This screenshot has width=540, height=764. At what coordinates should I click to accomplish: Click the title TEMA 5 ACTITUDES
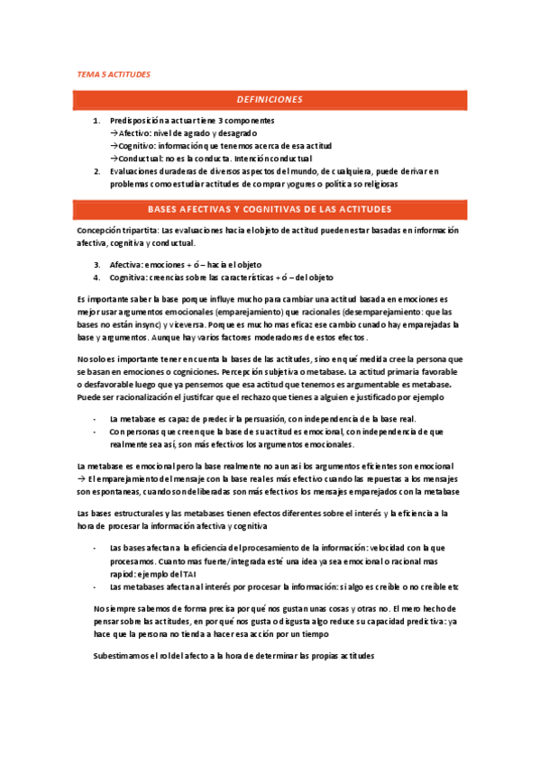[x=113, y=75]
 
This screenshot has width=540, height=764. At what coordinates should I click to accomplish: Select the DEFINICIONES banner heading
[x=270, y=100]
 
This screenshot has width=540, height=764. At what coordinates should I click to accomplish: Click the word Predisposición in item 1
[x=136, y=120]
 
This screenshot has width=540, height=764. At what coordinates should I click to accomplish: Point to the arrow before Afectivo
[x=114, y=132]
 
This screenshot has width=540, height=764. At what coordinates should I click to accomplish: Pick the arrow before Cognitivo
[x=114, y=145]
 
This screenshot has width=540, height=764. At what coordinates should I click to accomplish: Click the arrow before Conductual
[x=114, y=158]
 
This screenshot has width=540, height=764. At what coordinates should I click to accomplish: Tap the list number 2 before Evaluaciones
[x=97, y=170]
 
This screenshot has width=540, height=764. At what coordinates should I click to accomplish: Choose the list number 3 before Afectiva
[x=97, y=265]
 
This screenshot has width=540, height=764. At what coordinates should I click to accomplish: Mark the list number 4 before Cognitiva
[x=97, y=277]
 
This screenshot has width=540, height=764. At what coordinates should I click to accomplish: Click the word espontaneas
[x=115, y=492]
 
